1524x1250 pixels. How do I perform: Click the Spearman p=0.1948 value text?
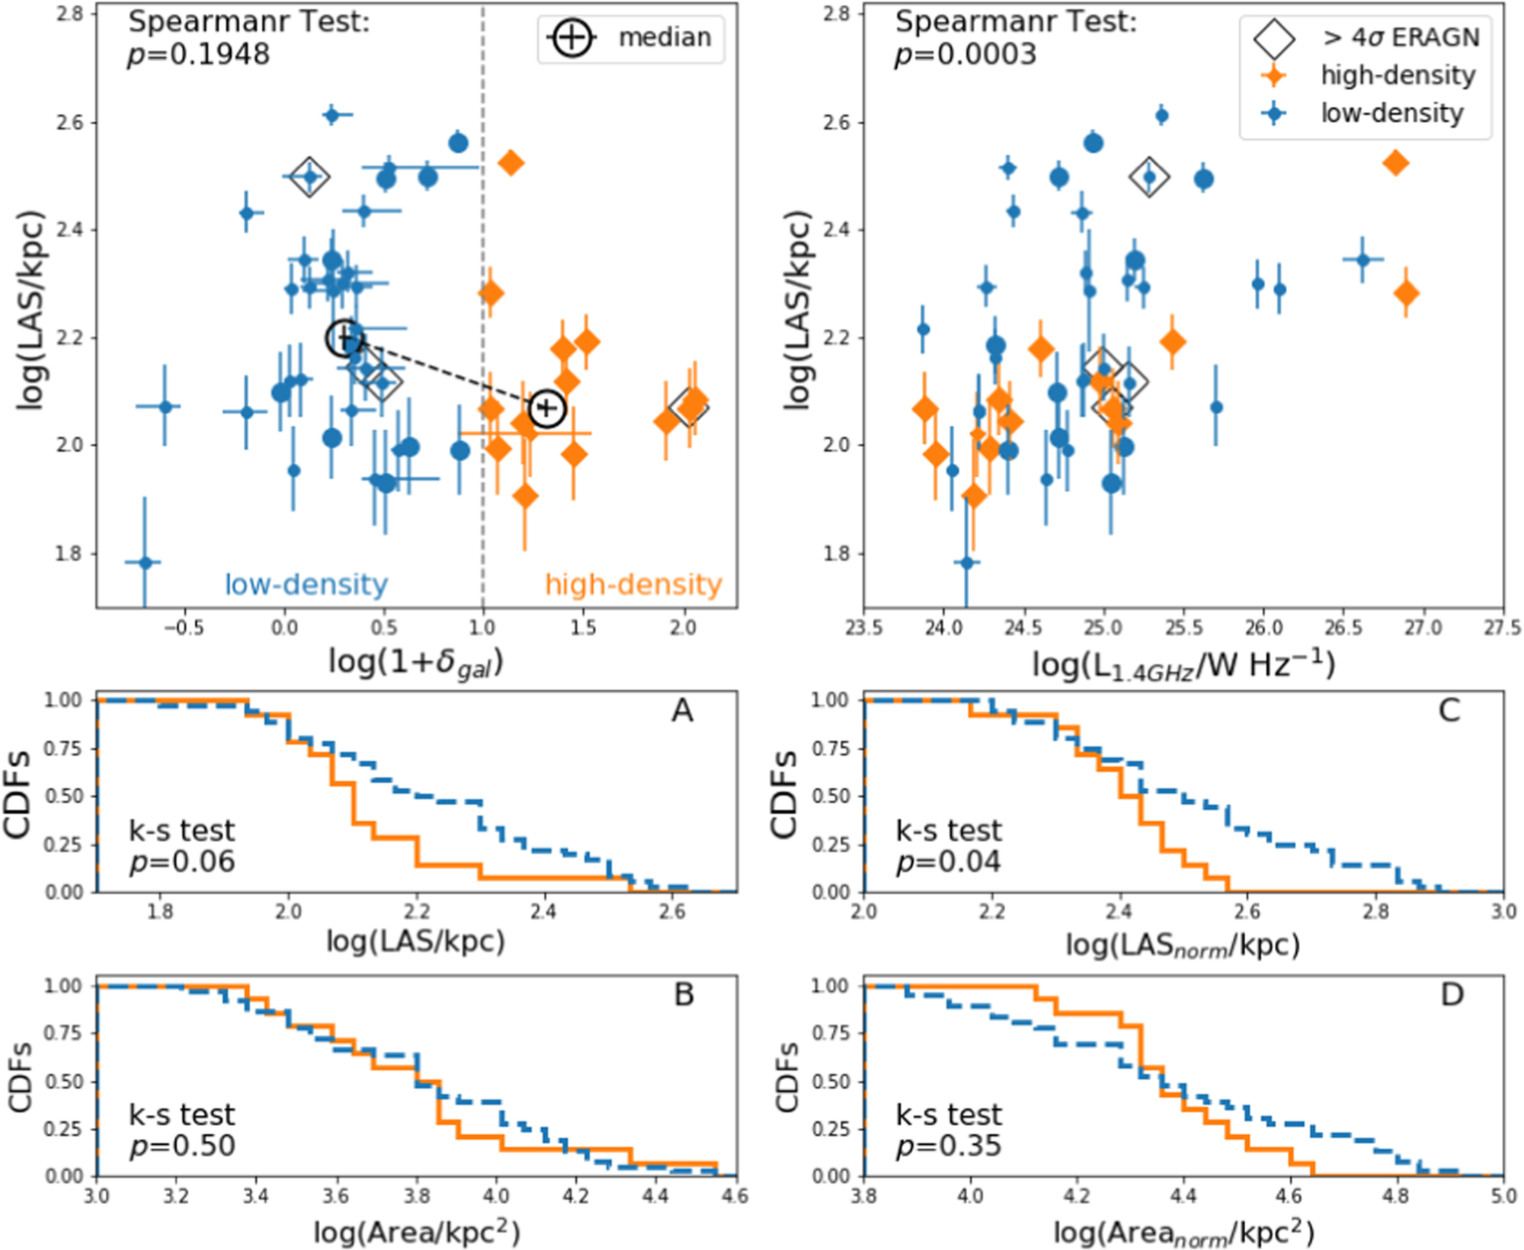[x=198, y=55]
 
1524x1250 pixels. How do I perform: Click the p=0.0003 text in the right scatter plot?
[x=965, y=55]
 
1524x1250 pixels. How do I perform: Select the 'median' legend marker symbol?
[x=571, y=37]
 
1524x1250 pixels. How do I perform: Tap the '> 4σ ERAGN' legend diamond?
[x=1274, y=38]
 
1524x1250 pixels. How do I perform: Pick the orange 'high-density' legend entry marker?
[x=1273, y=75]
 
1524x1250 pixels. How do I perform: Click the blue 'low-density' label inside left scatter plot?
[x=306, y=584]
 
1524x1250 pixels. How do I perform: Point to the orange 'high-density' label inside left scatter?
[x=633, y=584]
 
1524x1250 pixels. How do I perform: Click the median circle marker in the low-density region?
[x=344, y=337]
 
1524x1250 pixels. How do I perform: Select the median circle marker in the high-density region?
[x=547, y=408]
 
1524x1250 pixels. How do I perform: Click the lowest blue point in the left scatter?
[x=145, y=563]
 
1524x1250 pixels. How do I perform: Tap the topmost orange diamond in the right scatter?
[x=1395, y=163]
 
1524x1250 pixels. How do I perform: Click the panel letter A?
[x=682, y=711]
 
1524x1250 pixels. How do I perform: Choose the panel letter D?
[x=1452, y=995]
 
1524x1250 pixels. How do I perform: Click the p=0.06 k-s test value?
[x=182, y=862]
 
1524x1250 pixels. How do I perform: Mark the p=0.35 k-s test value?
[x=949, y=1146]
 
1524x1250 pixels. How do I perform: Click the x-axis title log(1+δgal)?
[x=416, y=661]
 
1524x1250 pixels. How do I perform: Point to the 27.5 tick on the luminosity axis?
[x=1503, y=628]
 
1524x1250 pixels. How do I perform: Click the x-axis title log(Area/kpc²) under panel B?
[x=416, y=1231]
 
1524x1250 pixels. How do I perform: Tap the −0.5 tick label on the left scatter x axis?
[x=184, y=628]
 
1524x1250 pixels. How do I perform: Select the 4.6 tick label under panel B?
[x=735, y=1197]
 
